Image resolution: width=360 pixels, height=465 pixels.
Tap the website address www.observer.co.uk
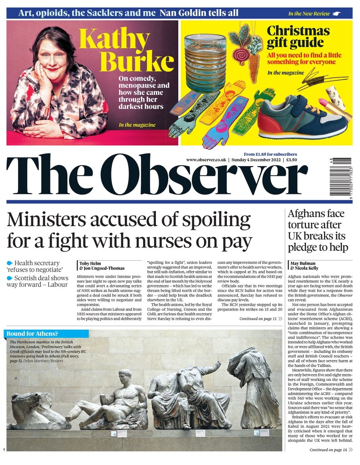206,160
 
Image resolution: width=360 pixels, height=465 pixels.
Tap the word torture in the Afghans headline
304,225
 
